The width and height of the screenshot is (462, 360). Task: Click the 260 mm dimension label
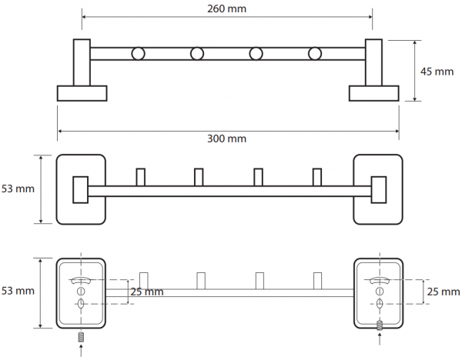coord(226,8)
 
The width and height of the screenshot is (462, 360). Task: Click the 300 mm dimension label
coord(226,138)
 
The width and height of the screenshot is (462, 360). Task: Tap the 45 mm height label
coord(437,72)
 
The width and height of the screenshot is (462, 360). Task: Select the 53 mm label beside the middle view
coord(18,188)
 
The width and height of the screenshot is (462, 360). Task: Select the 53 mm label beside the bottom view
coord(18,291)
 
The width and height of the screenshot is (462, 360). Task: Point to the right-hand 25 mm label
coord(444,292)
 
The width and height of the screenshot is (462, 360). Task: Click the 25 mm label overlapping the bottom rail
coord(147,292)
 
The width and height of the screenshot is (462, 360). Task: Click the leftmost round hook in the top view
coord(138,54)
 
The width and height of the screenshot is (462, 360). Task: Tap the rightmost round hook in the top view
coord(315,54)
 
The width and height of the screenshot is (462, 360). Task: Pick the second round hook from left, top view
coord(197,54)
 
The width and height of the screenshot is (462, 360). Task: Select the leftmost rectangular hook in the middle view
coord(141,177)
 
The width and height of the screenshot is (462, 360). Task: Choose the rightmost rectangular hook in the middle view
coord(317,177)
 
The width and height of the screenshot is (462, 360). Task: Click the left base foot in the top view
coord(82,93)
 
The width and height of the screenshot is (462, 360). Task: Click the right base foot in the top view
coord(374,93)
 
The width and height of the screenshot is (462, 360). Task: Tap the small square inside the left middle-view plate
coord(80,190)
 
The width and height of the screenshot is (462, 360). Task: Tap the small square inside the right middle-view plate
coord(379,190)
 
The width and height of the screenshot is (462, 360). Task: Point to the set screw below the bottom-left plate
coord(81,338)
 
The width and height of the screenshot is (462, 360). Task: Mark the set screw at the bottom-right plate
coord(380,325)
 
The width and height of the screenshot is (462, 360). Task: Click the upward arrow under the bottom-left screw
coord(81,351)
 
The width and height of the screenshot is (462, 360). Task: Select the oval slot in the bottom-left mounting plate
coord(81,304)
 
